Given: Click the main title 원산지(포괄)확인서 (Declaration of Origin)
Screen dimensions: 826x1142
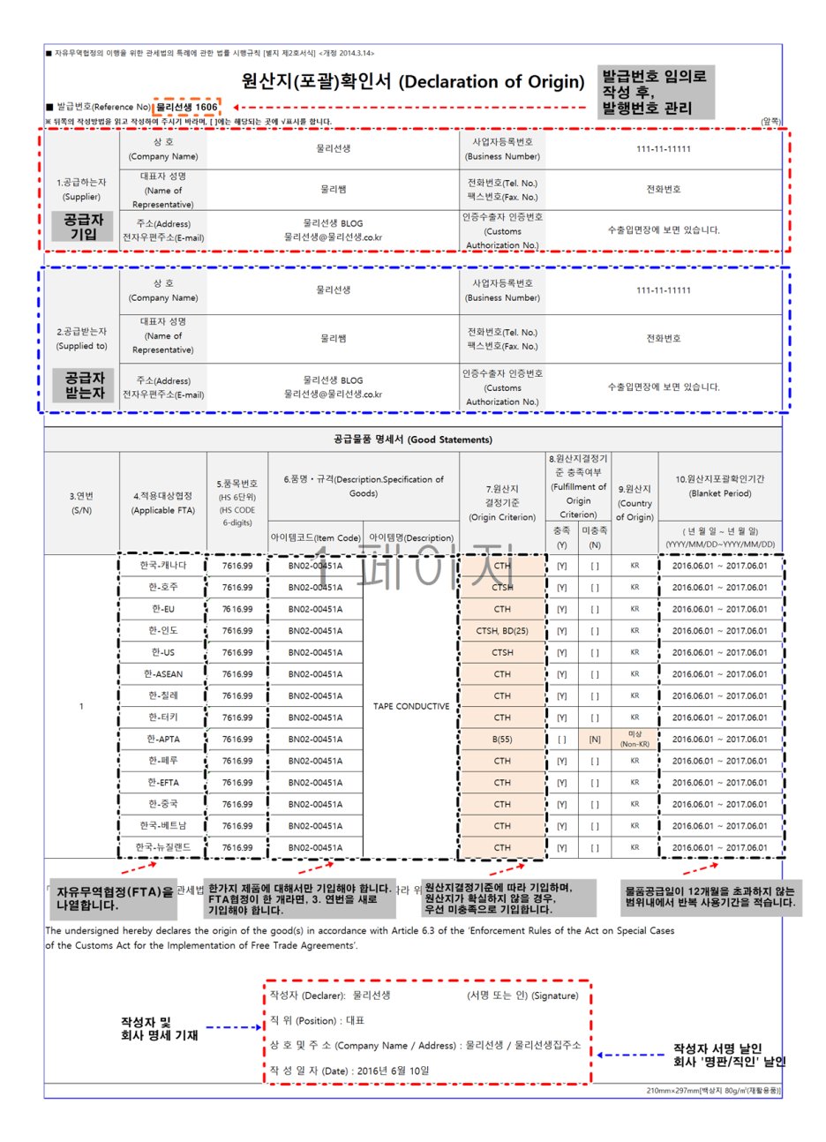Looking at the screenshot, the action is click(x=412, y=82).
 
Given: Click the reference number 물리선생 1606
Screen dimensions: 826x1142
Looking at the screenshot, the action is click(x=186, y=107).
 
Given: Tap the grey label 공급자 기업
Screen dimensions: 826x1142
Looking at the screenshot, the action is click(x=83, y=226).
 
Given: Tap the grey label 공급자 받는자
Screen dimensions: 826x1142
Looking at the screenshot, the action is click(x=84, y=385).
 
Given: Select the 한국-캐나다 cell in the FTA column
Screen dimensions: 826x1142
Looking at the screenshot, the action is click(x=162, y=566).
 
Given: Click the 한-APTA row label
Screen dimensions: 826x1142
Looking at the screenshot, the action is click(x=162, y=740).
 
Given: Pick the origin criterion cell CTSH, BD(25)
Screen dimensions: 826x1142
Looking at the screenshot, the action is click(x=502, y=631).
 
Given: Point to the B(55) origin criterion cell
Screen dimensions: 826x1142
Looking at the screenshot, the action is click(x=502, y=740).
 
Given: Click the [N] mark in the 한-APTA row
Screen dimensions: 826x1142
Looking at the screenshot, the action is click(x=595, y=740).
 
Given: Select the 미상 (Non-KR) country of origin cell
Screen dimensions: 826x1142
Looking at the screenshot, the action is click(x=635, y=740).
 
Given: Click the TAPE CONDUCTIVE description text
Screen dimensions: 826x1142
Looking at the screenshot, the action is click(x=411, y=706).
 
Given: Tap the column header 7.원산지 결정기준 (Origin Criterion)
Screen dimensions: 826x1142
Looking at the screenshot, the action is click(x=502, y=502).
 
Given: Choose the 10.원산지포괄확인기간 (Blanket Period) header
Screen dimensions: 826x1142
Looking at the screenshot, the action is click(x=719, y=486).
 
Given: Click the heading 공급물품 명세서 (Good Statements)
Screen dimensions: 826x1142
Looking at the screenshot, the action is click(x=413, y=440).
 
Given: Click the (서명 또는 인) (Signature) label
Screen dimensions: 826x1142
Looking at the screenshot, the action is click(x=522, y=995).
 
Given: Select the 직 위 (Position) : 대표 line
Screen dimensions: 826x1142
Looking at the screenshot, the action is click(x=317, y=1021).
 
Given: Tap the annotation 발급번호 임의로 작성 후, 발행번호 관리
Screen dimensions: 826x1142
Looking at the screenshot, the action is click(x=654, y=92).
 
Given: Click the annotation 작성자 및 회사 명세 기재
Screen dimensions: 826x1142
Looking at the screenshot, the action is click(x=159, y=1028).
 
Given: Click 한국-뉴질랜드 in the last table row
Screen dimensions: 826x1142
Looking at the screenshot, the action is click(x=162, y=848).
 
